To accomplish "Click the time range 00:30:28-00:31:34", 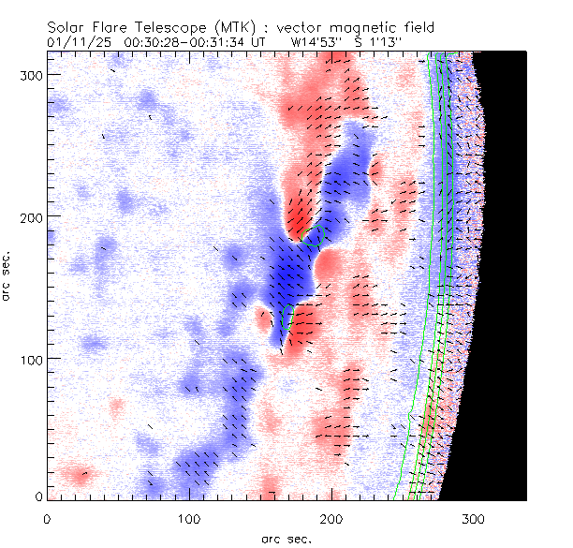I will pos(184,42).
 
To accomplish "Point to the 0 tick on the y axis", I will pos(39,496).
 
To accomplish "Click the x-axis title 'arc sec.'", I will pos(286,538).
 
